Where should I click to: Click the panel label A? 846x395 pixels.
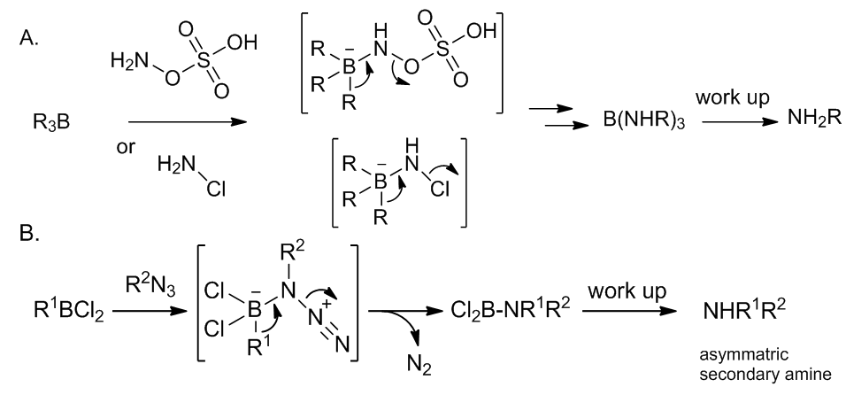click(29, 38)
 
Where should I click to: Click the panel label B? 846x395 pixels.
click(30, 234)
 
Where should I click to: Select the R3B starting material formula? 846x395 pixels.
click(51, 123)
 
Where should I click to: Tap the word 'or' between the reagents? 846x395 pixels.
click(126, 147)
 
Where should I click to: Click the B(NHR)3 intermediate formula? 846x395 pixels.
click(644, 121)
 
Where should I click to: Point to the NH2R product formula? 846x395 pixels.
click(813, 118)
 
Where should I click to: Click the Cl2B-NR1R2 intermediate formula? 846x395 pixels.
click(511, 309)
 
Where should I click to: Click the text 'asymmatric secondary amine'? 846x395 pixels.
click(765, 364)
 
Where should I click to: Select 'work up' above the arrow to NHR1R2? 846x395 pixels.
click(627, 291)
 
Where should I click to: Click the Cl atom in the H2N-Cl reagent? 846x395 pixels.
click(216, 189)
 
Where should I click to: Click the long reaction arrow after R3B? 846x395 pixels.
click(188, 122)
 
